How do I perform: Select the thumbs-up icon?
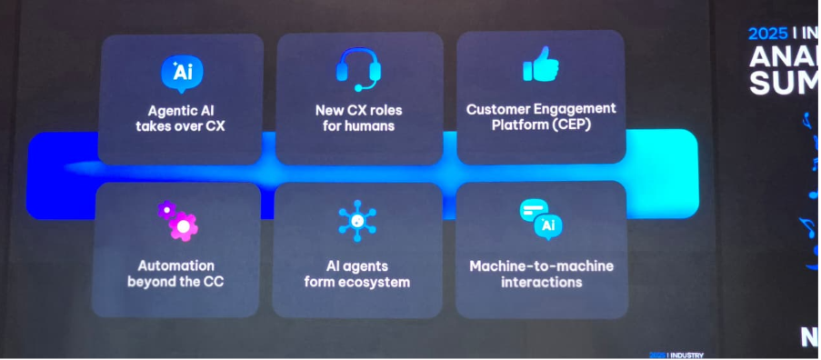[x=540, y=65]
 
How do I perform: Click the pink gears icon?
[x=179, y=219]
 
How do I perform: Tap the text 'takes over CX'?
[x=180, y=126]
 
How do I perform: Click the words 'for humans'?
[x=358, y=126]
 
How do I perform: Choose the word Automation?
[x=176, y=265]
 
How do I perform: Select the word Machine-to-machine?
[x=541, y=265]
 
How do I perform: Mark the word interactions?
[x=541, y=282]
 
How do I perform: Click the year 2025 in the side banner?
[x=767, y=34]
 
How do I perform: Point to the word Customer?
[x=497, y=108]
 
